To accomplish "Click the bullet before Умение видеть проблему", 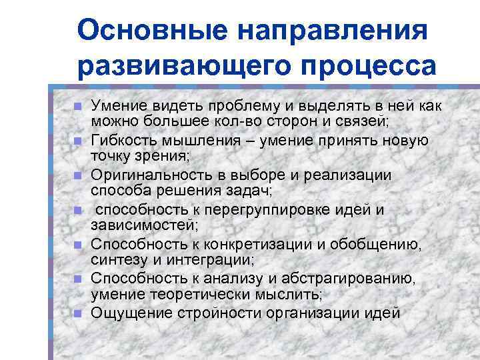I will [77, 107].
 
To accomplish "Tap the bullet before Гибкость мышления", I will [77, 141].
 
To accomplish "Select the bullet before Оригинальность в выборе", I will [77, 175].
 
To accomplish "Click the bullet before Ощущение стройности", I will [77, 313].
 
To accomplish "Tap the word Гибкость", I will [119, 141].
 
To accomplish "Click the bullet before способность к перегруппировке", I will [77, 210].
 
